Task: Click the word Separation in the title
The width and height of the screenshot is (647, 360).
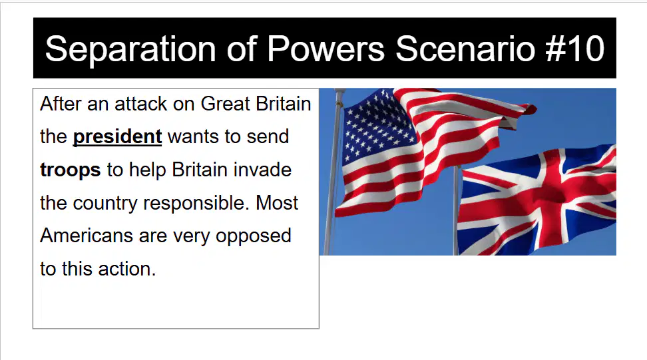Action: pos(130,49)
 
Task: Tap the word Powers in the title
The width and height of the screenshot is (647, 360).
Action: pos(326,49)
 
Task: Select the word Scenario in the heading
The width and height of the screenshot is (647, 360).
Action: pos(465,49)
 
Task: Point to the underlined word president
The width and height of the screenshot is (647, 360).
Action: pos(117,137)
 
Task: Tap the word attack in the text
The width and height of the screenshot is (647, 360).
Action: pos(140,104)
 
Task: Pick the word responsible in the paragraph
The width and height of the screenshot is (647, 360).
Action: pos(196,204)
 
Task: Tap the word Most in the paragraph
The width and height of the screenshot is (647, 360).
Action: pos(276,203)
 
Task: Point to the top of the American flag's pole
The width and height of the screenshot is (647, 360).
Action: pos(339,90)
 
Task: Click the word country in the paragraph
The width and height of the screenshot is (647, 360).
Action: pos(105,204)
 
